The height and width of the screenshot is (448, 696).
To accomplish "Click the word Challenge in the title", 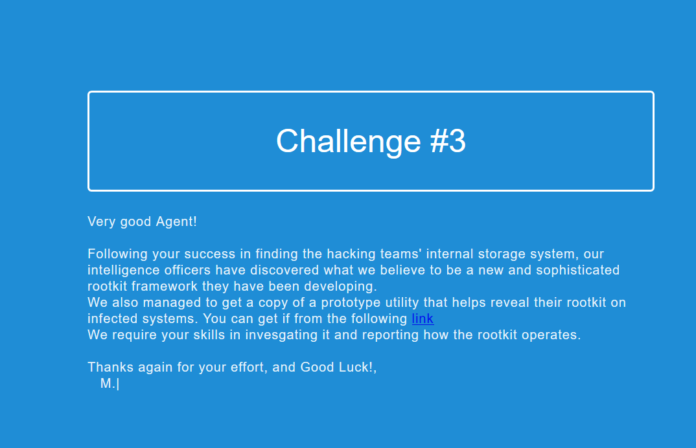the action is tap(349, 142).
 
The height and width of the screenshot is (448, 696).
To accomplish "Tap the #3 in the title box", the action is tap(448, 142).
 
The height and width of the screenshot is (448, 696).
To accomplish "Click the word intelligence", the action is tap(123, 270).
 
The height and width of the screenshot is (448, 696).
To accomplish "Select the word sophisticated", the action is tap(577, 270).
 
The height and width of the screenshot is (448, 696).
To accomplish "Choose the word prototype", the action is tap(351, 302).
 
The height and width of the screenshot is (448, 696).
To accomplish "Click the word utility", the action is tap(402, 302).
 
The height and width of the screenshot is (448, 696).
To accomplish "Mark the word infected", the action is tap(112, 319).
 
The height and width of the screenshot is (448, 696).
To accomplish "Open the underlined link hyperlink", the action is tap(423, 319).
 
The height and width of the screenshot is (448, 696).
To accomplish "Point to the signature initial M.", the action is tap(106, 383).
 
